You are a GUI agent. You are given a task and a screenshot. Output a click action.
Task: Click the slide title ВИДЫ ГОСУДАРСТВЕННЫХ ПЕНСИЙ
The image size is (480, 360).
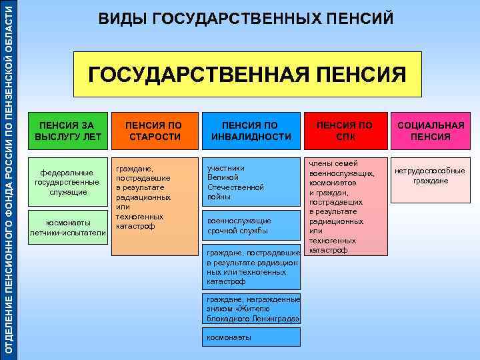246,19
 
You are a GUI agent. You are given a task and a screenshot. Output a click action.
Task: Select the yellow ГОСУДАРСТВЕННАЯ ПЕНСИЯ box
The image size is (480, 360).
247,73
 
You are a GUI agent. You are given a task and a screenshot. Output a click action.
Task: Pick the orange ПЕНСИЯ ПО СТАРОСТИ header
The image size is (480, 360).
155,131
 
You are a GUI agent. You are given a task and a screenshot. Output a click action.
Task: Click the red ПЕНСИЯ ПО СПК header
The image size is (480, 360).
345,131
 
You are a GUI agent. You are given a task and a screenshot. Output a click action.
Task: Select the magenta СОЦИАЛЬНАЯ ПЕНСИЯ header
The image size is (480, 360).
430,131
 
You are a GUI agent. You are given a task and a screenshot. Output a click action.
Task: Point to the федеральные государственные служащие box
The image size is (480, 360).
68,182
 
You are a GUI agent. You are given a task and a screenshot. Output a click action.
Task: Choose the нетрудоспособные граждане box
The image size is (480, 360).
430,176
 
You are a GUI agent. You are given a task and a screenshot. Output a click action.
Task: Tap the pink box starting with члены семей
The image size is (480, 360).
345,206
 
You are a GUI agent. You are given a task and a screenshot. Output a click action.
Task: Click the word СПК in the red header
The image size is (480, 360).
345,137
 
